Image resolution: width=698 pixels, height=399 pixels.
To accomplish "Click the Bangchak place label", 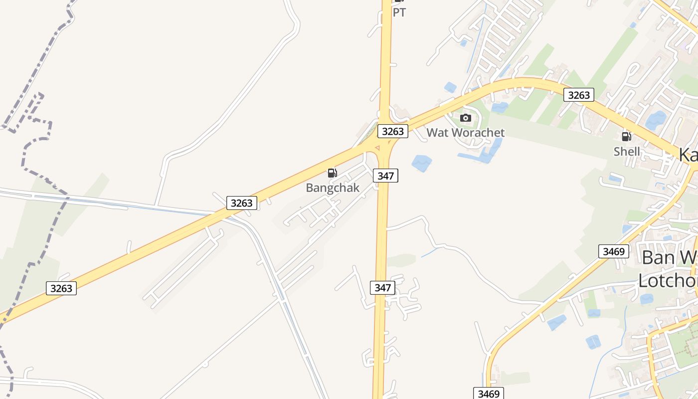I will (333, 188).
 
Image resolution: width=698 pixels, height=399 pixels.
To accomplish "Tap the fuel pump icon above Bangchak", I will (333, 174).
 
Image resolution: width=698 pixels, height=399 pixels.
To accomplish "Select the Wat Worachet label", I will (465, 133).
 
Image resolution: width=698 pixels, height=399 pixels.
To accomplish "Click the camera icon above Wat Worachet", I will (466, 118).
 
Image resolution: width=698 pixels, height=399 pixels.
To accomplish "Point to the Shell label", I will (627, 151).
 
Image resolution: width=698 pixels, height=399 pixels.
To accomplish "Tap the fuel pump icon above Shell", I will (626, 136).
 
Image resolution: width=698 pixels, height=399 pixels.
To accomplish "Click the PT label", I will (399, 12).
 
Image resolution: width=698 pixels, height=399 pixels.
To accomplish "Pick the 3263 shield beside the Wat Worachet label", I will (393, 131).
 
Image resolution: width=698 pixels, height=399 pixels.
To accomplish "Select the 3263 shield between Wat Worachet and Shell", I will (579, 95).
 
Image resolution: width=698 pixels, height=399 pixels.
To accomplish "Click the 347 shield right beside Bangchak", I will (386, 176).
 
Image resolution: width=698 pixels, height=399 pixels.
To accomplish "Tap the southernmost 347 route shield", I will (383, 288).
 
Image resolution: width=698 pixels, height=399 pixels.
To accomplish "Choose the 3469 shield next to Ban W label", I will (614, 251).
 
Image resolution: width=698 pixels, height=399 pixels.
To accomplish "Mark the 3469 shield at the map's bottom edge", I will (489, 394).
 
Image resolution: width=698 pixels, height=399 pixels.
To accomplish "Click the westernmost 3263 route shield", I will (61, 288).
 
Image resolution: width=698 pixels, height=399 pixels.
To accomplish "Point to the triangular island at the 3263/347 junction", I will (377, 148).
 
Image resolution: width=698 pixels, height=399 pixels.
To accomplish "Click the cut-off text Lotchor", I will (668, 281).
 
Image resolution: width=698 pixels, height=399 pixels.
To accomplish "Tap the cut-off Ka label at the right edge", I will (688, 155).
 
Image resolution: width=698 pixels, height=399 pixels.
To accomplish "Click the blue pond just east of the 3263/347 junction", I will (421, 163).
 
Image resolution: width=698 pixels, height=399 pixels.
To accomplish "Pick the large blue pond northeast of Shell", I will (656, 120).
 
